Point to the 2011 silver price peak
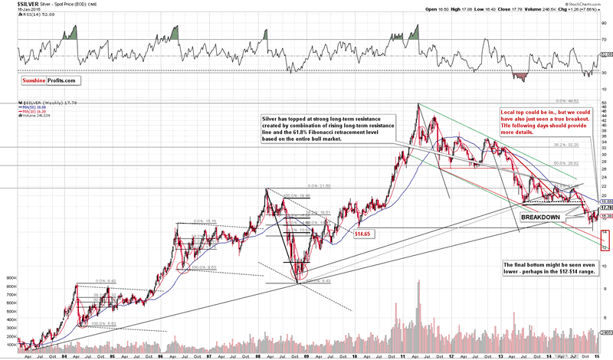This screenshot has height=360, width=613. click(x=418, y=104)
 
